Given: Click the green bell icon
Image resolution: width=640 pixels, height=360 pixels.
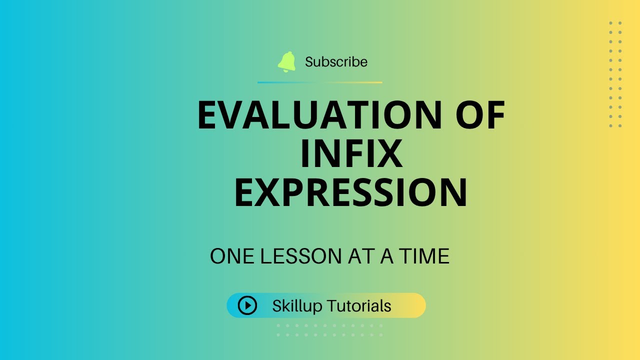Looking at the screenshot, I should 287,62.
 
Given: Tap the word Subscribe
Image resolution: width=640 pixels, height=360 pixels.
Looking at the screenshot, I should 336,62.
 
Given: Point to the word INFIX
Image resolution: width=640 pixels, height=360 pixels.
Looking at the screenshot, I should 351,154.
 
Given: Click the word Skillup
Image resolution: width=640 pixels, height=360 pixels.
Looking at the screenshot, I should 297,305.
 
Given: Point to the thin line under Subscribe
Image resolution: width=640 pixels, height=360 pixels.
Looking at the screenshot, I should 320,82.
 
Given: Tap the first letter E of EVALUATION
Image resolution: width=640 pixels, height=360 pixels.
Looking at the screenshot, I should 209,116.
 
